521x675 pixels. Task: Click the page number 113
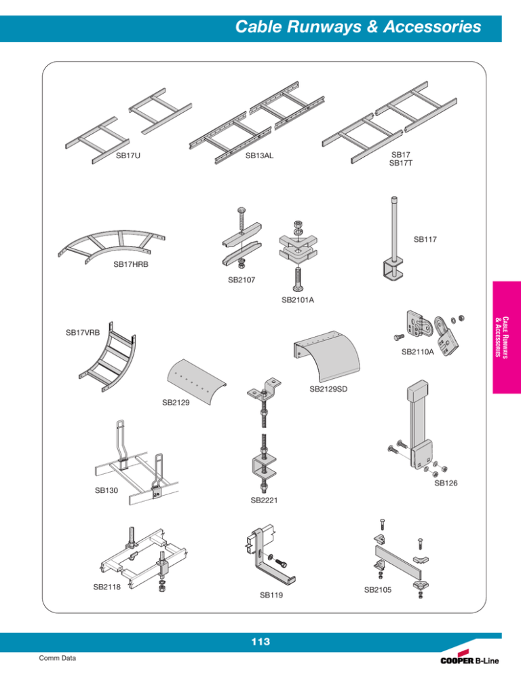click(260, 642)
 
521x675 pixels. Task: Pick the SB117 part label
click(425, 240)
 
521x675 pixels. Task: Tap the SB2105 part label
click(379, 589)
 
